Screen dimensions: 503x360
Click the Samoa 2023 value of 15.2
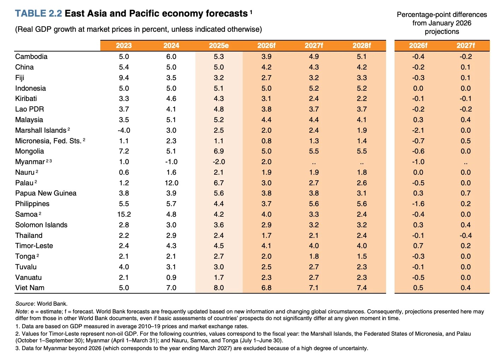click(124, 214)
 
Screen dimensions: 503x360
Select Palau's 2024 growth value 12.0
click(171, 183)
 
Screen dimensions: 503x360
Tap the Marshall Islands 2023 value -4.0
click(124, 130)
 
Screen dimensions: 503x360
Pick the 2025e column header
click(219, 46)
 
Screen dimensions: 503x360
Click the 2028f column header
click(362, 46)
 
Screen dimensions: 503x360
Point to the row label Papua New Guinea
click(46, 193)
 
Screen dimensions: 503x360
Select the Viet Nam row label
click(30, 288)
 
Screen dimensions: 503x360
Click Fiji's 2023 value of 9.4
click(124, 78)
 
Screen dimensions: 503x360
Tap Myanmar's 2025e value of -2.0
click(219, 162)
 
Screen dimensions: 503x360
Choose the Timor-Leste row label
click(34, 246)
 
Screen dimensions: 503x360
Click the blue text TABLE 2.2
click(39, 13)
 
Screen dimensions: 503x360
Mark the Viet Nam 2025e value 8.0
click(219, 288)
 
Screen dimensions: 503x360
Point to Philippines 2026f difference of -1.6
click(418, 204)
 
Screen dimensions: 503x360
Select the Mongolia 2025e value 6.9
click(219, 151)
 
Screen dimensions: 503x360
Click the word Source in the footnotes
click(24, 304)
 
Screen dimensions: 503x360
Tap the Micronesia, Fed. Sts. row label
click(48, 141)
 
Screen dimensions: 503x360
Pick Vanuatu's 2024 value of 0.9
click(171, 277)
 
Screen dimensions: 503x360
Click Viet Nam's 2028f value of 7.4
click(362, 288)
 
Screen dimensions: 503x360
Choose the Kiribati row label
click(26, 99)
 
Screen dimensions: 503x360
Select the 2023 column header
click(124, 46)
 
